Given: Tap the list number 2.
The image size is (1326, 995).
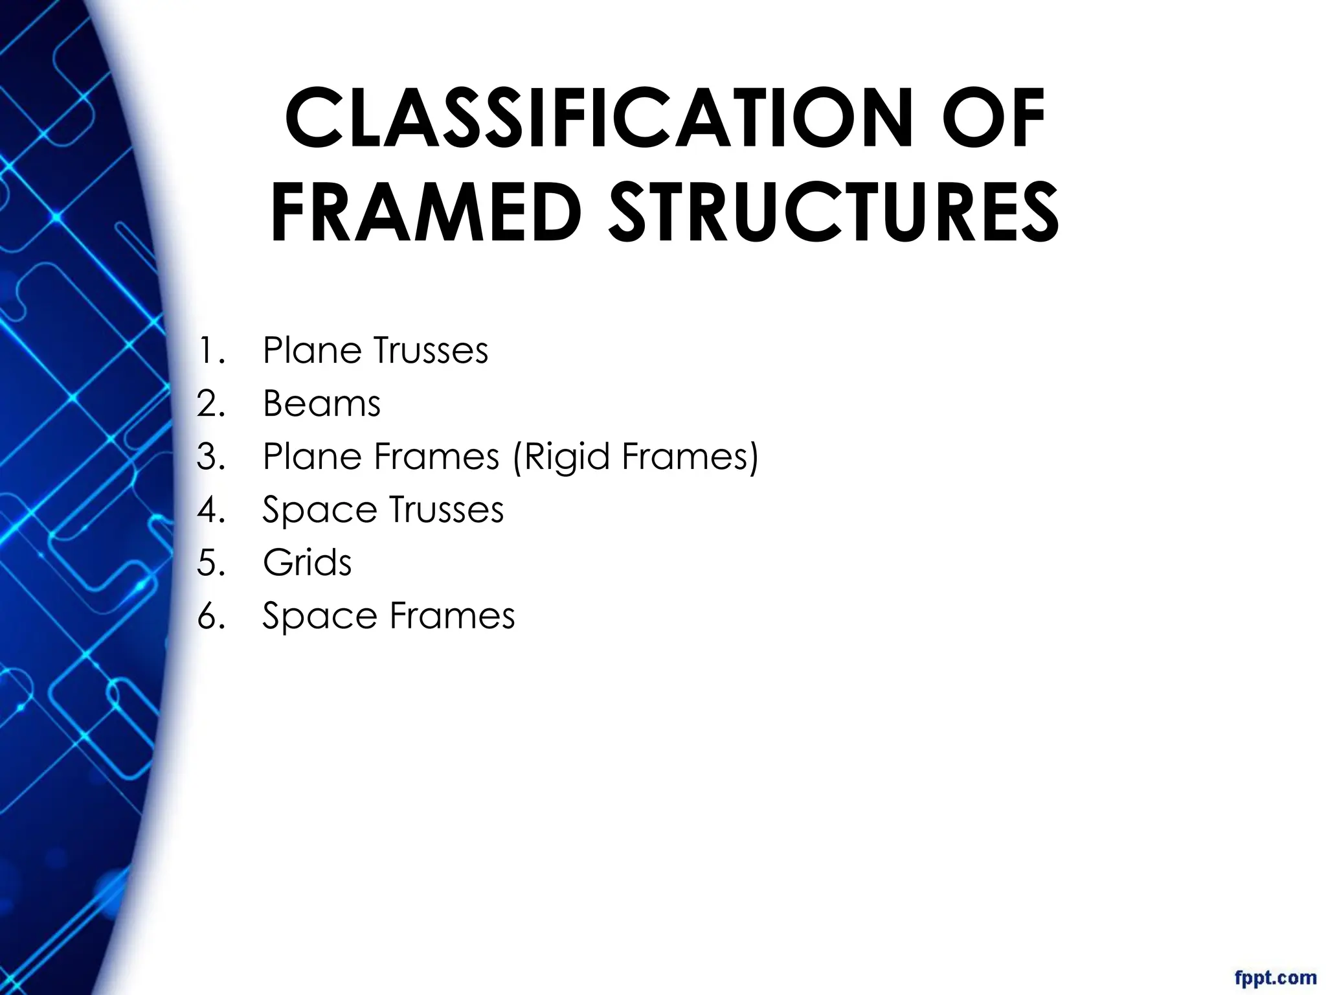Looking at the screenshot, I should pyautogui.click(x=210, y=404).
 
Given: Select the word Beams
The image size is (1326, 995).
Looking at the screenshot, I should pyautogui.click(x=321, y=404).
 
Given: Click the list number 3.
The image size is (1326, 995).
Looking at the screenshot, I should pyautogui.click(x=210, y=457).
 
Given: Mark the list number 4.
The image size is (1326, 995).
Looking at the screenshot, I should pyautogui.click(x=210, y=509).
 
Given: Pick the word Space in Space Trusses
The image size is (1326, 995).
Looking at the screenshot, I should pyautogui.click(x=319, y=510).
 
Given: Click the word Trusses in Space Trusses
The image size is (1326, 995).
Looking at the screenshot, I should pyautogui.click(x=446, y=509).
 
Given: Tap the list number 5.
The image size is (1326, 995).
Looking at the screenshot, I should pyautogui.click(x=210, y=562).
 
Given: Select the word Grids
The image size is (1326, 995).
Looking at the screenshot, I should pyautogui.click(x=307, y=562).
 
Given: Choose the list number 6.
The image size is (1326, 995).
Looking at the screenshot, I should pyautogui.click(x=210, y=615).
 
